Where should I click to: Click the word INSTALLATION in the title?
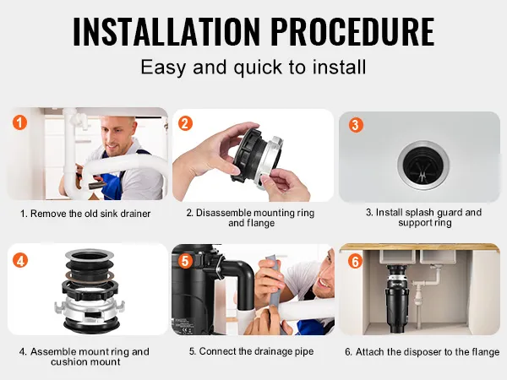point(166,31)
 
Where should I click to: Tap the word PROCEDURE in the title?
point(352,31)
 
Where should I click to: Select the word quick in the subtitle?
point(258,68)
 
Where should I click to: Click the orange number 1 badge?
point(19,122)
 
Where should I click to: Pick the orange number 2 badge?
point(185,123)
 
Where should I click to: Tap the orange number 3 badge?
point(356,125)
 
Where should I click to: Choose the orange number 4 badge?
point(20,260)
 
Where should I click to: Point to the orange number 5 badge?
point(185,260)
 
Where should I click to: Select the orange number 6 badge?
point(356,261)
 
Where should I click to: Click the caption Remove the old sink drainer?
point(85,214)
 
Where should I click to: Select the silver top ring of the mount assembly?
point(90,255)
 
